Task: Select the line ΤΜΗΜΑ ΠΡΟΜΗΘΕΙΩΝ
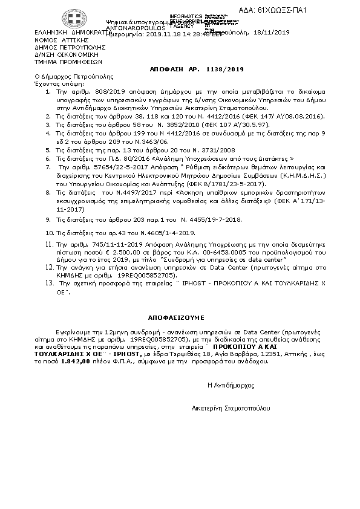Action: tap(68, 61)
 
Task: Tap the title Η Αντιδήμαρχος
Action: tap(231, 384)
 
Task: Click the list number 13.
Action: tap(50, 283)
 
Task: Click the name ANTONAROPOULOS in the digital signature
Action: tap(130, 28)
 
